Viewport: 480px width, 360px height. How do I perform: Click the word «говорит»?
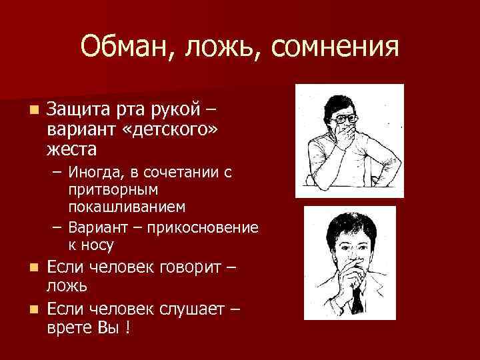[x=191, y=267]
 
